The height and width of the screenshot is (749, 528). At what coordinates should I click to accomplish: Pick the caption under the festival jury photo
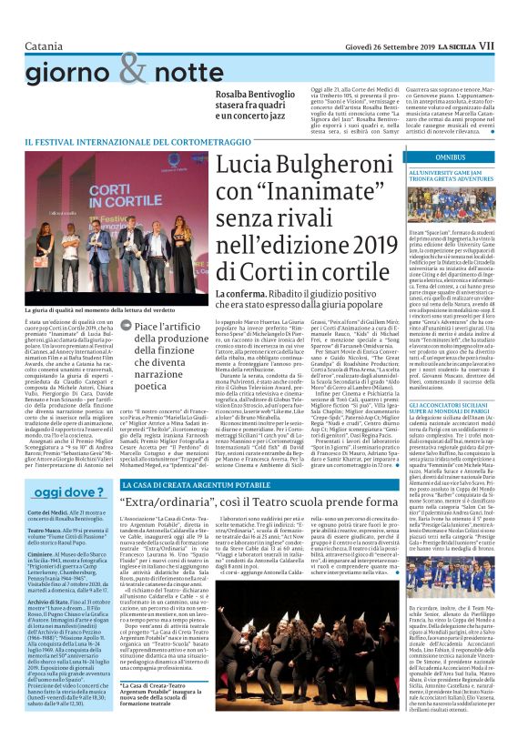(x=107, y=311)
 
